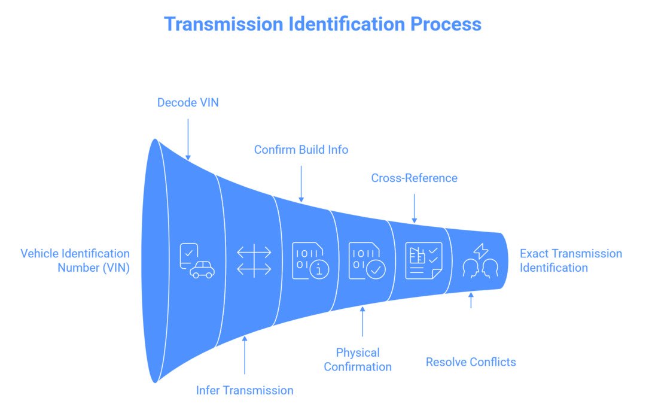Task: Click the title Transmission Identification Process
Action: (x=322, y=24)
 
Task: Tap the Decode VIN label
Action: (x=188, y=102)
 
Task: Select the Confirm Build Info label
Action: (x=301, y=150)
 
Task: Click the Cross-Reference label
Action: (x=414, y=178)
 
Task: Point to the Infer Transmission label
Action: (x=245, y=390)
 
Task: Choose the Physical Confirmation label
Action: (x=358, y=359)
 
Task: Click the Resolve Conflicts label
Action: (x=471, y=362)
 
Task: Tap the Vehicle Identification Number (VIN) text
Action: (x=75, y=260)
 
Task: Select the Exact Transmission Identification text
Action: (x=570, y=260)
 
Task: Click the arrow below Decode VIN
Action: (x=188, y=138)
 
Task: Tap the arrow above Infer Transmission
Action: (x=245, y=356)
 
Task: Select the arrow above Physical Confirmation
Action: (x=362, y=321)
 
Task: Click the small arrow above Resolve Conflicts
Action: (x=471, y=300)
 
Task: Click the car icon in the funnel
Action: (x=197, y=261)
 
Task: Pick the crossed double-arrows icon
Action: (x=254, y=261)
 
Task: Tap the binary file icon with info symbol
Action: (x=310, y=261)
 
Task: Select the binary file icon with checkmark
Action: (x=367, y=261)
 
